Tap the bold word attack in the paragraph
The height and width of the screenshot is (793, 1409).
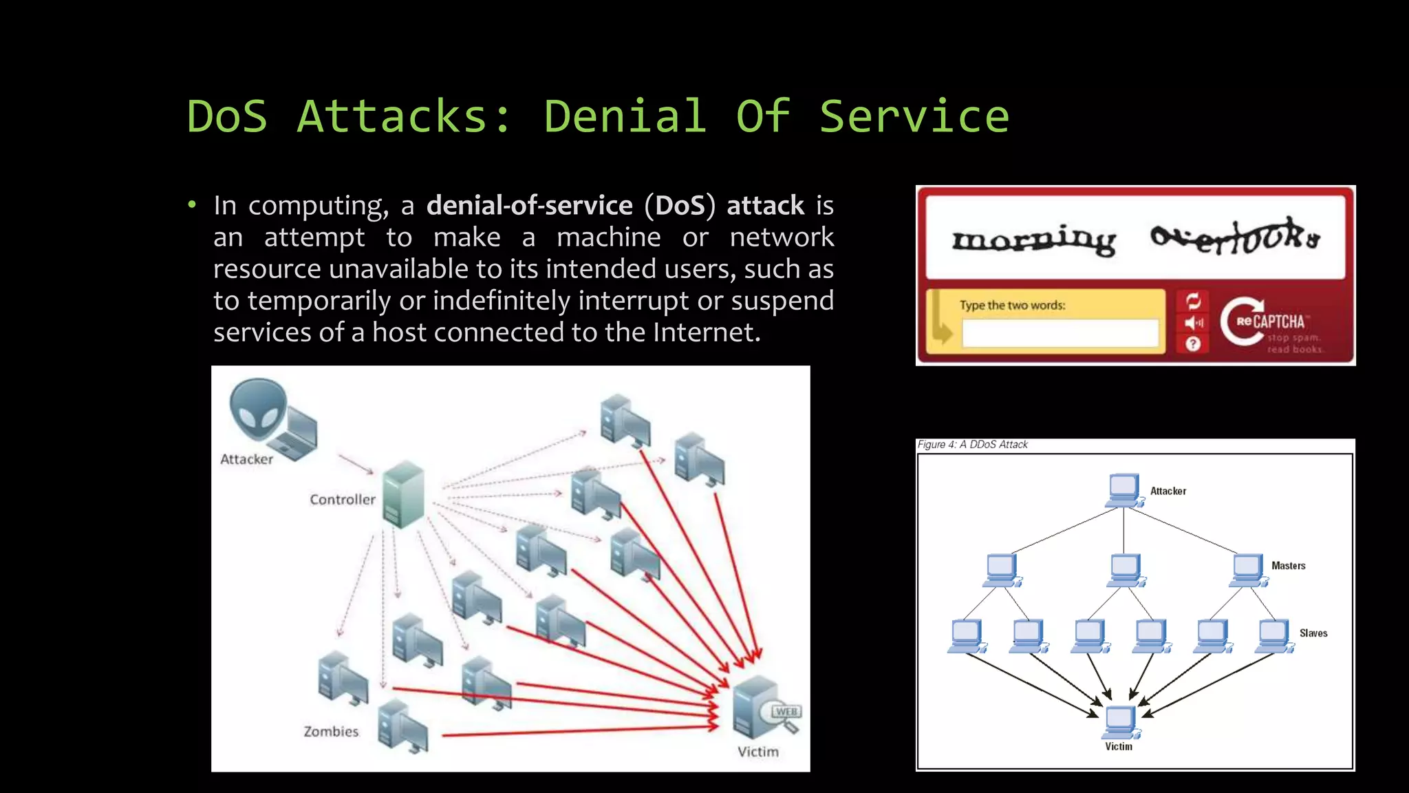tap(765, 205)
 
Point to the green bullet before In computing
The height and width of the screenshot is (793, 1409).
tap(192, 204)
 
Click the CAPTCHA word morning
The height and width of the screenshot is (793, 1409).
tap(1033, 240)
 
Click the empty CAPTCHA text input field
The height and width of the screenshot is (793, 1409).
tap(1060, 334)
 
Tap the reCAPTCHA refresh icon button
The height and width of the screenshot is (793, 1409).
tap(1193, 301)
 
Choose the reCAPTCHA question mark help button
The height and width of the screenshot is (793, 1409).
tap(1193, 343)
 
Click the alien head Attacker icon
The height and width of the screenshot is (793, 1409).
tap(257, 409)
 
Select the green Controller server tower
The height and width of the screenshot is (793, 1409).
tap(403, 494)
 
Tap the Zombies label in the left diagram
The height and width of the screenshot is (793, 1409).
tap(331, 731)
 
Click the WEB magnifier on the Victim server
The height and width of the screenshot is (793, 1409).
tap(784, 714)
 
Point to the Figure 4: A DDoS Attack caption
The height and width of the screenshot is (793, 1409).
tap(972, 445)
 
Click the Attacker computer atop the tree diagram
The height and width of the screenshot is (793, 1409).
tap(1123, 490)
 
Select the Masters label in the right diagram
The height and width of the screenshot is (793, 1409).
tap(1288, 566)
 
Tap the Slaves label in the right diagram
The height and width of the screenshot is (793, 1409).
tap(1313, 633)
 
